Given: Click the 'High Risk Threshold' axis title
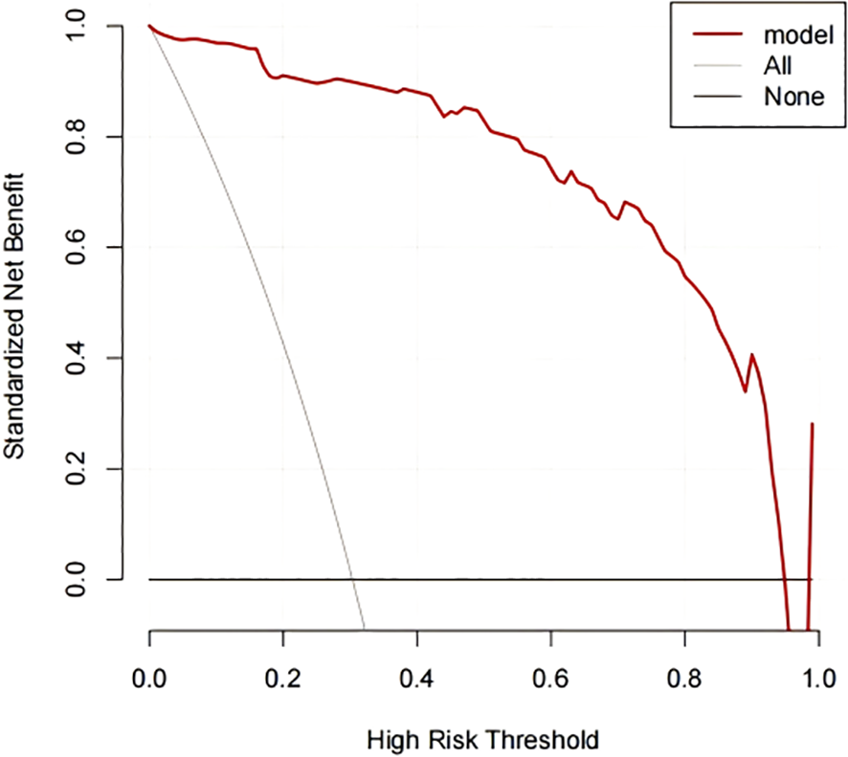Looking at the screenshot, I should point(483,738).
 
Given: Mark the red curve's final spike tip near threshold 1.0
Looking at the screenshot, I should point(813,423).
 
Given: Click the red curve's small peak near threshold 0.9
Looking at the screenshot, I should point(752,355).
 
